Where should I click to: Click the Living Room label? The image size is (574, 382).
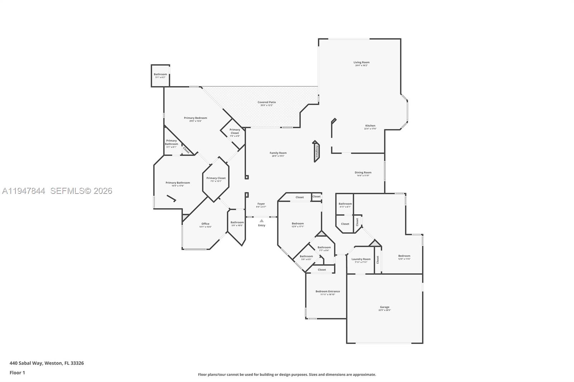tap(361, 62)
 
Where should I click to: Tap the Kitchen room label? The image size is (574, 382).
tap(370, 126)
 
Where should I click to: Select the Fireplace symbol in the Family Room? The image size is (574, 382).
tap(316, 151)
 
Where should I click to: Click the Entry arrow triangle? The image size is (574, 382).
tap(262, 221)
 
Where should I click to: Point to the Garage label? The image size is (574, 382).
tap(385, 307)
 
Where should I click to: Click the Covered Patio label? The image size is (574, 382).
tap(267, 102)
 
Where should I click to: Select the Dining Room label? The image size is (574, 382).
tap(363, 172)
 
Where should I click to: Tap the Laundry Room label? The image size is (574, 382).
tap(361, 259)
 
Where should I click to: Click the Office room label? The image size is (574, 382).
tap(205, 224)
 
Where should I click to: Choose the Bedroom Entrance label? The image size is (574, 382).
tap(328, 291)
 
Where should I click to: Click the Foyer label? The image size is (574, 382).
tap(261, 204)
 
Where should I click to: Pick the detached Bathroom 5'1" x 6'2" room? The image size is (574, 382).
tap(160, 75)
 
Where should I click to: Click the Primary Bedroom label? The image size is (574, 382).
tap(196, 118)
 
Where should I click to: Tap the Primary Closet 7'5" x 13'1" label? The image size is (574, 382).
tap(216, 178)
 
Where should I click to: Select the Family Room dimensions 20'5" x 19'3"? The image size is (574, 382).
tap(278, 156)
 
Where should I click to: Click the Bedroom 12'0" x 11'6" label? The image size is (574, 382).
tap(404, 256)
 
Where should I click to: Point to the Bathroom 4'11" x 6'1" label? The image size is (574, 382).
tap(345, 204)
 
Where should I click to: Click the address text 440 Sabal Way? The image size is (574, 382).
tap(47, 363)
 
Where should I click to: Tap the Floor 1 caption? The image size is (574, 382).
tap(17, 373)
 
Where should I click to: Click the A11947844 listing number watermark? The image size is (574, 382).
tap(24, 191)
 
